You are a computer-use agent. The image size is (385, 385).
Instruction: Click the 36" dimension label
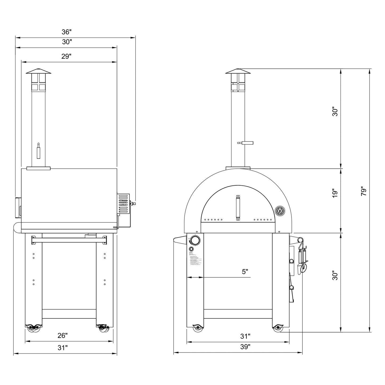(66, 32)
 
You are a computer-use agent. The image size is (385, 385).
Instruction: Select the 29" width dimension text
(66, 56)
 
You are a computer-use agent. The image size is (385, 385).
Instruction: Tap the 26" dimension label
(63, 335)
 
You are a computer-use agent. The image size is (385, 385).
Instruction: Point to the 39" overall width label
(245, 347)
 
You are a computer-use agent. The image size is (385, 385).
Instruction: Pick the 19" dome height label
(335, 193)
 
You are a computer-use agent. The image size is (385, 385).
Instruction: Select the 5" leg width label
(245, 271)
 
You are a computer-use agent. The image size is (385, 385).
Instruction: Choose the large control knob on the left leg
(195, 240)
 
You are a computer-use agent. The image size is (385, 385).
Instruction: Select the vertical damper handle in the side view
(38, 151)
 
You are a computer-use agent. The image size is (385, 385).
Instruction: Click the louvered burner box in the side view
(123, 204)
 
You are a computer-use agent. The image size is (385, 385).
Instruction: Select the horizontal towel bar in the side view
(69, 240)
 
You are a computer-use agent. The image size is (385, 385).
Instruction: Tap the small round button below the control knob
(191, 249)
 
